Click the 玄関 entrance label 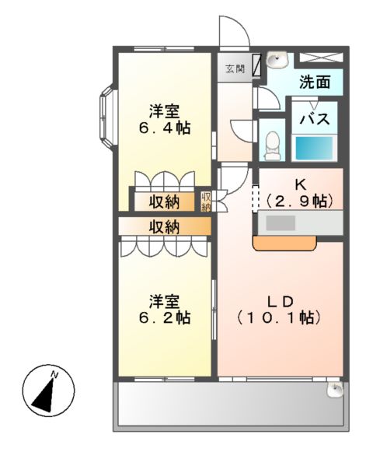[x=235, y=69]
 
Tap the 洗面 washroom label [x=315, y=81]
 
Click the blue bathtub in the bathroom [x=315, y=147]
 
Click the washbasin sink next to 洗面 [x=277, y=59]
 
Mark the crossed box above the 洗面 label [x=319, y=57]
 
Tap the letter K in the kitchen [x=299, y=185]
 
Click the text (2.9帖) [x=299, y=201]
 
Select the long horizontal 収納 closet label [x=164, y=226]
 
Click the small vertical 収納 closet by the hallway [x=207, y=201]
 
